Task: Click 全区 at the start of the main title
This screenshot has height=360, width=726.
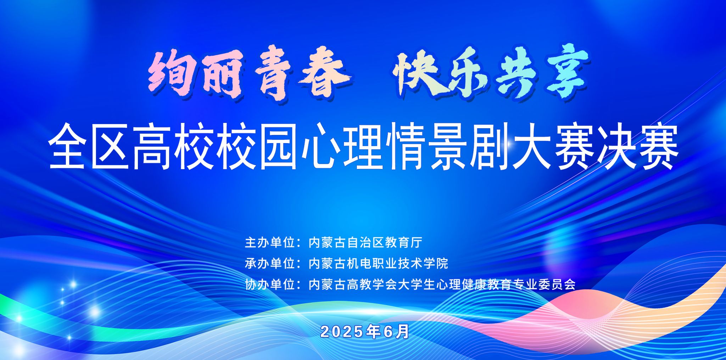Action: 88,146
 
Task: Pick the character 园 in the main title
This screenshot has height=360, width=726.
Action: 278,146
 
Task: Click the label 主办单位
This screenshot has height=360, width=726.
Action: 270,243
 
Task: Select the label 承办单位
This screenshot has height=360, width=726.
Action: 270,263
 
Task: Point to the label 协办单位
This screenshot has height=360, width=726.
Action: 270,284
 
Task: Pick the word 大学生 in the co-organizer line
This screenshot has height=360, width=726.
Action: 417,284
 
